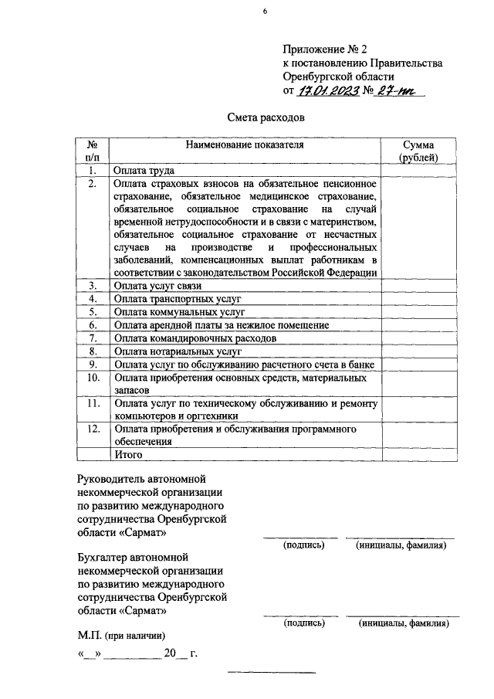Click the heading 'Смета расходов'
pyautogui.click(x=266, y=117)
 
